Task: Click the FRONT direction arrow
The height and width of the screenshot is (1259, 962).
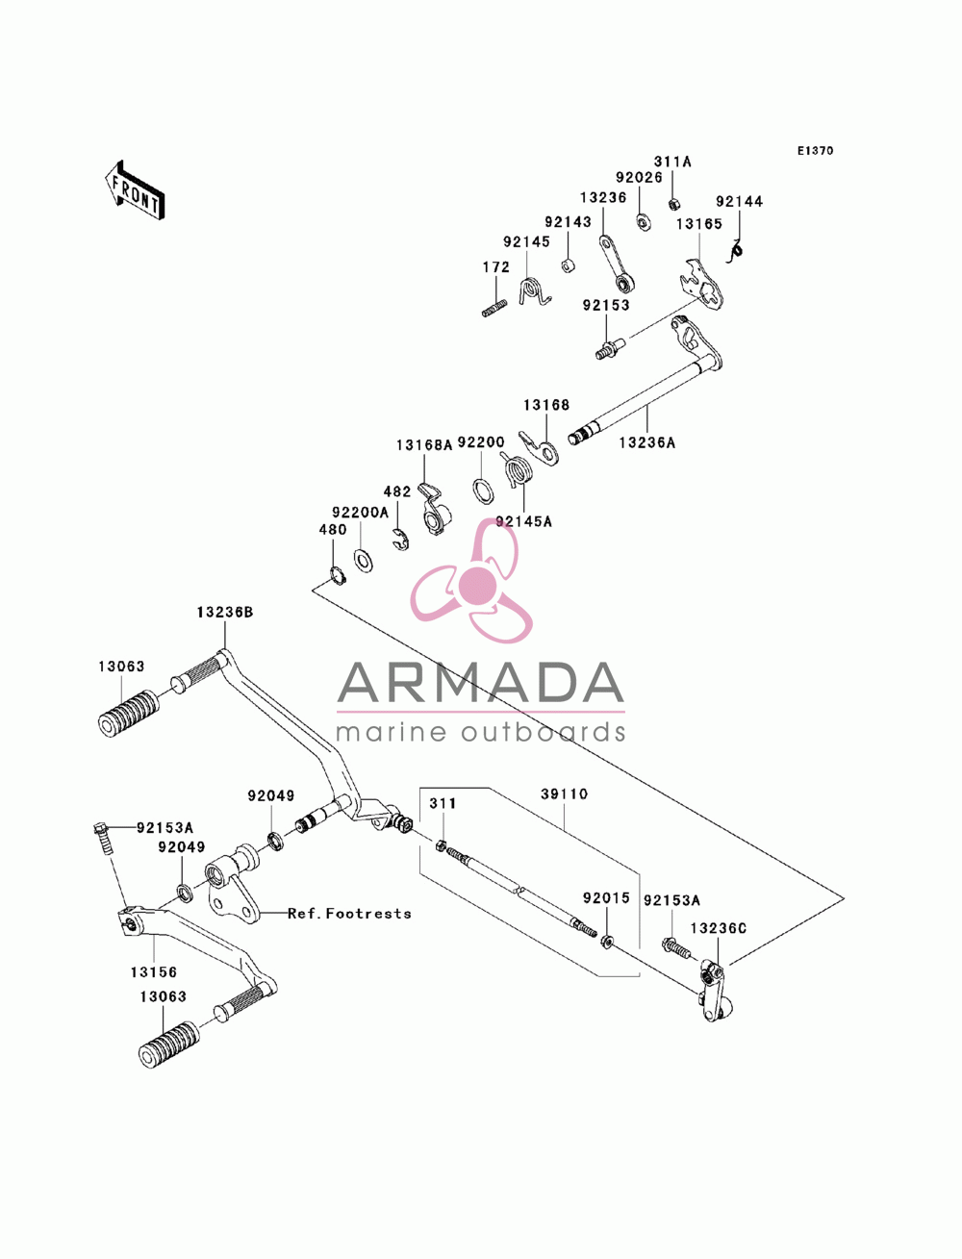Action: [135, 189]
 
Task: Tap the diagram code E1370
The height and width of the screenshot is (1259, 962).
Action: [815, 151]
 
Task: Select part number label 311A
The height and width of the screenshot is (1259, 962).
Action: [672, 163]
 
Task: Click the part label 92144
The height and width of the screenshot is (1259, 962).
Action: [739, 202]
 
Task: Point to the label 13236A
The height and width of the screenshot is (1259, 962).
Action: [646, 442]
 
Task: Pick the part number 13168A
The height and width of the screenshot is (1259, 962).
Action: [424, 444]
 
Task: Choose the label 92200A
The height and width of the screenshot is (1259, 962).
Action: [360, 513]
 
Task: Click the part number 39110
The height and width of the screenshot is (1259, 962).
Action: [565, 794]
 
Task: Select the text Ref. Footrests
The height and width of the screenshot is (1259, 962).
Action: [349, 914]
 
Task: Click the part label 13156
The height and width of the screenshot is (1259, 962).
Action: [154, 972]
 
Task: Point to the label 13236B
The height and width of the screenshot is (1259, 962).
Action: [224, 613]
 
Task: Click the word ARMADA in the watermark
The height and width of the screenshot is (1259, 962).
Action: [480, 683]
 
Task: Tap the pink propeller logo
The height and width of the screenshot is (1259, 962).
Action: [472, 581]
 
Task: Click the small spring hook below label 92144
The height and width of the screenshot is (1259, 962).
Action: [734, 252]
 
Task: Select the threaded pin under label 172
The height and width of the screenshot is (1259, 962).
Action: [494, 308]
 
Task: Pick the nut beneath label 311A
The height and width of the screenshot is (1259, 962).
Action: [674, 203]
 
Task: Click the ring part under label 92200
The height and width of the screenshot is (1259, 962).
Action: [483, 491]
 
